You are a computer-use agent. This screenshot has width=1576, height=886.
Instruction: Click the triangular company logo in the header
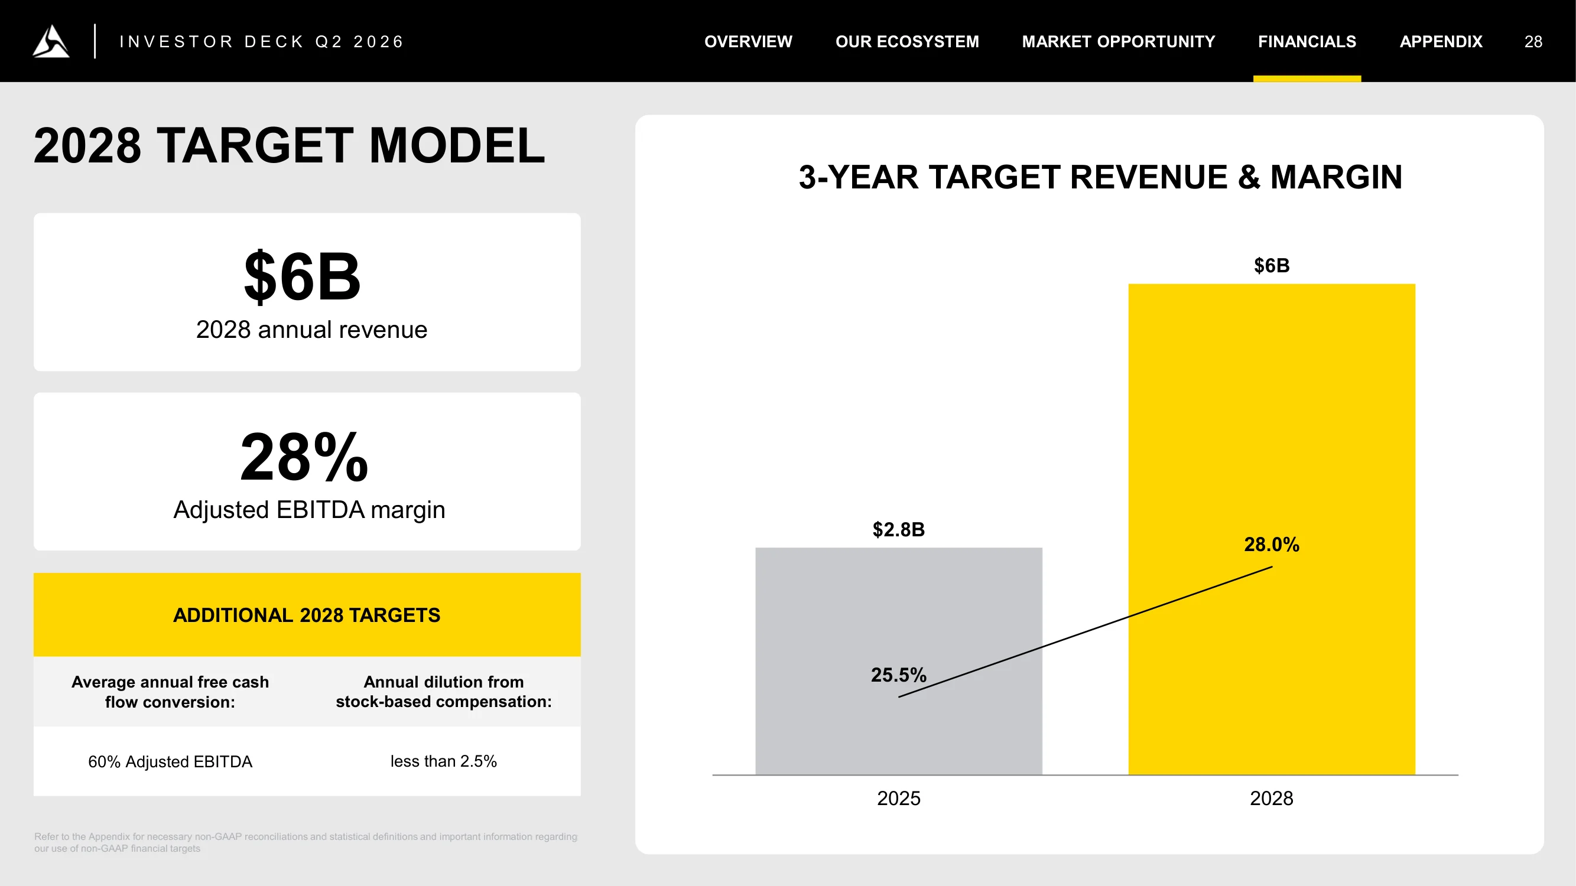(x=51, y=41)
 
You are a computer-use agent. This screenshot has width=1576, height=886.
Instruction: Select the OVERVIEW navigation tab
(x=748, y=41)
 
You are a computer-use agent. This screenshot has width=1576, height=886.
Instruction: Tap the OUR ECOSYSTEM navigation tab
(x=907, y=41)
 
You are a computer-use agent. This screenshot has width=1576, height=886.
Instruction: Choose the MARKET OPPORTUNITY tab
(x=1119, y=41)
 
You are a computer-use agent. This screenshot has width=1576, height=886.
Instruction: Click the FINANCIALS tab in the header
(x=1307, y=41)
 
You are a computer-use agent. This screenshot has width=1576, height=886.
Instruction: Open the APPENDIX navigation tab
(x=1441, y=41)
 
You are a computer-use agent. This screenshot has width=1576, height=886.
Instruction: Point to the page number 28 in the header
(x=1533, y=41)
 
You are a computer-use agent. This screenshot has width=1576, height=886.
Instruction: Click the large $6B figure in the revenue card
(x=302, y=276)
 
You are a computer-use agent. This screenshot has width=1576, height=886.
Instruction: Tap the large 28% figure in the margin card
(x=304, y=457)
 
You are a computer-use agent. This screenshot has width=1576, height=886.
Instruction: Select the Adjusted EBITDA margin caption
(x=309, y=509)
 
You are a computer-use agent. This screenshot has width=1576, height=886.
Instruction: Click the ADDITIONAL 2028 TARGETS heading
(x=307, y=614)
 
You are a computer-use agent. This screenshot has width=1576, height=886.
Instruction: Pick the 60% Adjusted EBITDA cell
(x=170, y=761)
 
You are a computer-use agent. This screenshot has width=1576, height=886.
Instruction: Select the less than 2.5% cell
(x=444, y=761)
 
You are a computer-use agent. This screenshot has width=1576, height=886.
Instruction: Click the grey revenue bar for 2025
(x=899, y=661)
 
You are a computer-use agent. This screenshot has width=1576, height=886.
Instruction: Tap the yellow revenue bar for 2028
(x=1272, y=529)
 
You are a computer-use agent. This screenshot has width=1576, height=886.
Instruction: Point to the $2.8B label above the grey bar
(x=899, y=529)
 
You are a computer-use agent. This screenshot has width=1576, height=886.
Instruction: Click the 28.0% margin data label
(x=1272, y=544)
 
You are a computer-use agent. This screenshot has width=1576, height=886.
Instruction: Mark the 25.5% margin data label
(x=899, y=675)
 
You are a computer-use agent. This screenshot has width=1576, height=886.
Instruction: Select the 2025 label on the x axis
(x=899, y=798)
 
